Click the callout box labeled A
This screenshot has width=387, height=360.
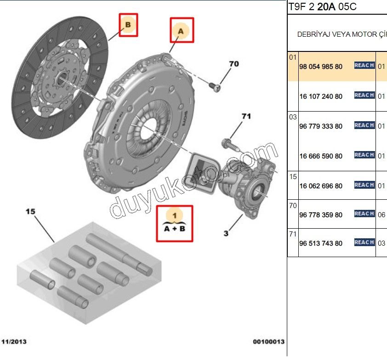click(x=182, y=30)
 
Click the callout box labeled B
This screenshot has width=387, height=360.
click(x=128, y=24)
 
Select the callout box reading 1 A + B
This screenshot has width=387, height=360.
click(x=174, y=223)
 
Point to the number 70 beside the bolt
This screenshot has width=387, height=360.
click(x=233, y=64)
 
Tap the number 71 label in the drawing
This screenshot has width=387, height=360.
click(x=246, y=117)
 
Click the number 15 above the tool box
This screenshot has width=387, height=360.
click(x=30, y=212)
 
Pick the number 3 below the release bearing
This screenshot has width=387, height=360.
click(x=226, y=234)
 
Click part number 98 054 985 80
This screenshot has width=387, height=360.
click(x=320, y=67)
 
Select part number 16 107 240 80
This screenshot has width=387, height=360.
click(x=320, y=96)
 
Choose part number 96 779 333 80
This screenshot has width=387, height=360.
click(x=320, y=126)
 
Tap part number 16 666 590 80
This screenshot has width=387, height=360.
click(x=320, y=156)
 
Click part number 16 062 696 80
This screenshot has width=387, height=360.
click(x=320, y=186)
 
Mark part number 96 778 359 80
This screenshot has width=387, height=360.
click(x=320, y=215)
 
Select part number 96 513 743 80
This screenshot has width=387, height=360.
click(x=320, y=243)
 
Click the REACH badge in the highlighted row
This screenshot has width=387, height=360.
click(x=364, y=66)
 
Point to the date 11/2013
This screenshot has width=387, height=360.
click(x=14, y=342)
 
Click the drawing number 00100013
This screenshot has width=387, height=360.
click(x=268, y=342)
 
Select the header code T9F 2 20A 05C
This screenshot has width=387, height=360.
click(x=322, y=7)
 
